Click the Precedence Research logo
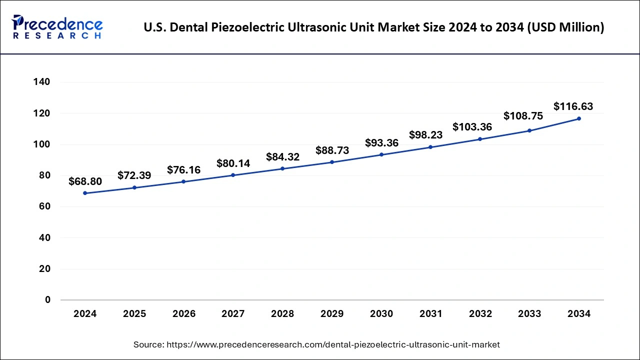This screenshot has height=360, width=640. (x=57, y=27)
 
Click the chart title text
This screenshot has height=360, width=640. (x=373, y=28)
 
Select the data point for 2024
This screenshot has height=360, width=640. (x=85, y=193)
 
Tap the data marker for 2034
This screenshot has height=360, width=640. (x=579, y=118)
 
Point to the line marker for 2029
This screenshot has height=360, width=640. (x=332, y=162)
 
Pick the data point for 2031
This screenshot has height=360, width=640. (x=430, y=147)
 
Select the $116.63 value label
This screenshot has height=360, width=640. (x=573, y=106)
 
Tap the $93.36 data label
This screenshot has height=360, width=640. (x=381, y=143)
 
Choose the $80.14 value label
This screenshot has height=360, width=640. (x=233, y=163)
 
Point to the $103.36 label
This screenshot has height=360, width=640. (x=472, y=127)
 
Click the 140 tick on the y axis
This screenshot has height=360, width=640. (x=42, y=82)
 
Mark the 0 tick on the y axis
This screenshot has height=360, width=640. (x=47, y=300)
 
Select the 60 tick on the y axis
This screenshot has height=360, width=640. (x=45, y=206)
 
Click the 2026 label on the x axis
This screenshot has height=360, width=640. (x=183, y=314)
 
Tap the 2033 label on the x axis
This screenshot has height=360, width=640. (x=529, y=314)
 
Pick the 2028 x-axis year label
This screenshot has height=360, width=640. (x=282, y=314)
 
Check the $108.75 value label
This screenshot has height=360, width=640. (x=523, y=116)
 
